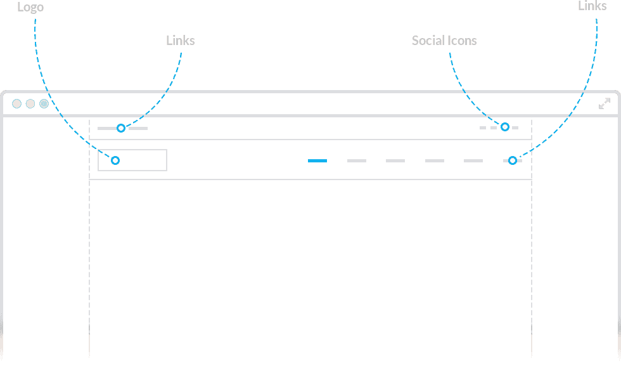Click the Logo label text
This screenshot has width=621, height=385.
tap(30, 8)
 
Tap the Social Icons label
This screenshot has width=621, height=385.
tap(444, 41)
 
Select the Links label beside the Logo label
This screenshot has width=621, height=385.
tap(180, 41)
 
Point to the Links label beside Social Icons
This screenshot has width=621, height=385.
tap(592, 6)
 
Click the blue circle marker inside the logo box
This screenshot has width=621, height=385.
tap(115, 160)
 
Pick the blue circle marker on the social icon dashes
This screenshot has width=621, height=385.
tap(504, 127)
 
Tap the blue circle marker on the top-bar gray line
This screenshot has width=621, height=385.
tap(121, 128)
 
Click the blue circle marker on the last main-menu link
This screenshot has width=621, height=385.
tap(513, 160)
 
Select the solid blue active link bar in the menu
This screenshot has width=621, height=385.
tap(317, 160)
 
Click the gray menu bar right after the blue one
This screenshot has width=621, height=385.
tap(356, 160)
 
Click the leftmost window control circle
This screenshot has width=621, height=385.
tap(16, 104)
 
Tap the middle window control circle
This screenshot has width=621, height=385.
tap(30, 104)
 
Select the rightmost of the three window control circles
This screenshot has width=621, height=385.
tap(44, 104)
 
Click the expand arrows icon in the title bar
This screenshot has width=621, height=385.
tap(605, 103)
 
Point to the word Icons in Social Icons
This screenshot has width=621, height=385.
tap(462, 41)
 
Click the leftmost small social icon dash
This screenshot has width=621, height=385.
tap(483, 127)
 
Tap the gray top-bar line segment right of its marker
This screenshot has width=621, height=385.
tap(138, 129)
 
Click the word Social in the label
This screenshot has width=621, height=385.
tap(428, 41)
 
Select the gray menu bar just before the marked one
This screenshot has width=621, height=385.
tap(473, 160)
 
